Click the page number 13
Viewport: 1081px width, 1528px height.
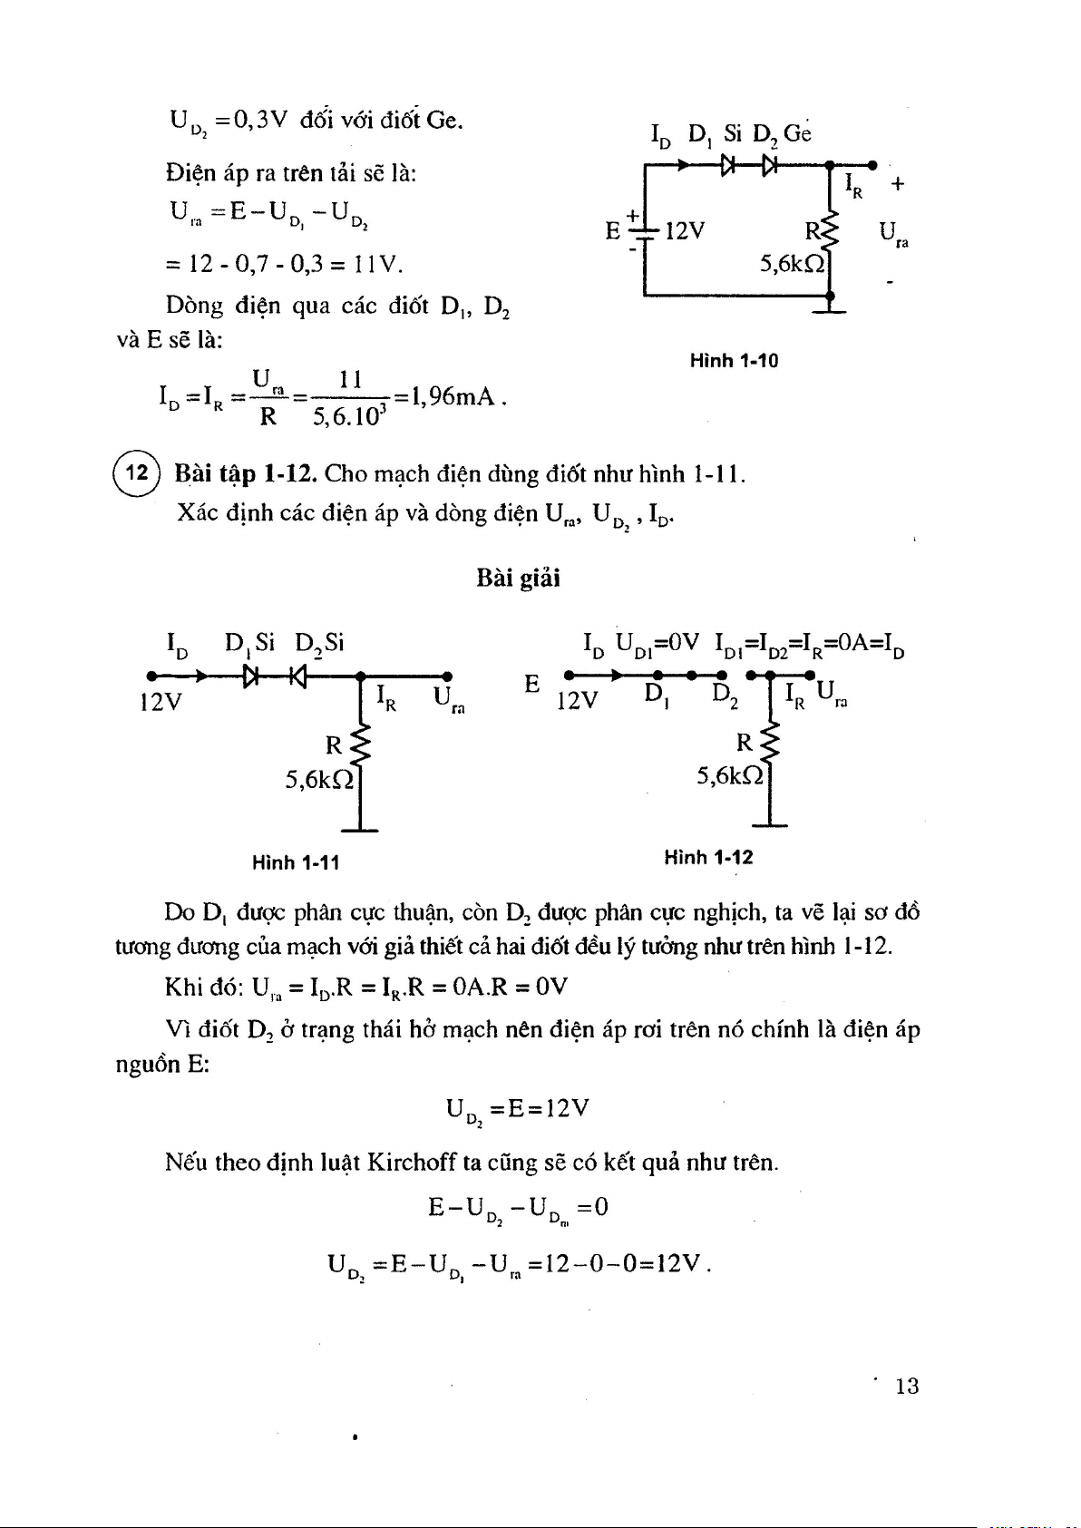[907, 1386]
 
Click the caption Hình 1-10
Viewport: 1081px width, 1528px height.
[734, 361]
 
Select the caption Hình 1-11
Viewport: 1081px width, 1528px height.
[296, 862]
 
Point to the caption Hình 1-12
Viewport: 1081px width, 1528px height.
[708, 858]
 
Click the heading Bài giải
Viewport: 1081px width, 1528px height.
[518, 579]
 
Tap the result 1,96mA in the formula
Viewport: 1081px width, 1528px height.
[452, 397]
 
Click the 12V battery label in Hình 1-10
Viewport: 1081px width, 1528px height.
[685, 231]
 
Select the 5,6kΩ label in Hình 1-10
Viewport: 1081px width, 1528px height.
[793, 264]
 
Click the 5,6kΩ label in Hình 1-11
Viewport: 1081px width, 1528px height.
[318, 779]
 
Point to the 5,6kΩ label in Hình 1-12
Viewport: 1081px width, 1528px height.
[729, 775]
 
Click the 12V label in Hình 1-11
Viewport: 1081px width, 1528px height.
[161, 702]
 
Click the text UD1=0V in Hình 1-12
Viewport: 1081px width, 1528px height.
[657, 645]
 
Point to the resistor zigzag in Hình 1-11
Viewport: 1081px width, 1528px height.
[360, 745]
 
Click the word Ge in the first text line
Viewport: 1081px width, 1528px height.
[443, 120]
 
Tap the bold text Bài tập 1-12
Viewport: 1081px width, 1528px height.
[245, 473]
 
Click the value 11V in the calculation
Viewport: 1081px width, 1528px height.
[377, 265]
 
